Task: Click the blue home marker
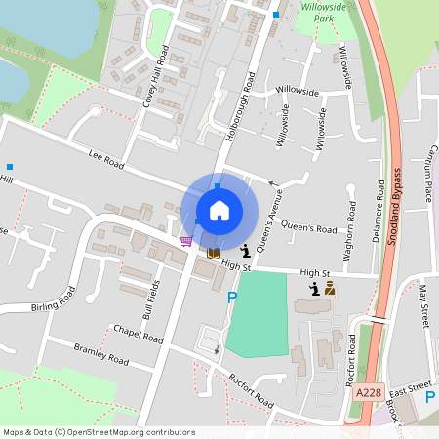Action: pos(219,210)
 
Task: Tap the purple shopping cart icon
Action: pos(185,241)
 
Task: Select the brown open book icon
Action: pos(213,253)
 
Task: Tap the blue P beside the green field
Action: pos(232,299)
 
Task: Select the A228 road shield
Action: pos(368,392)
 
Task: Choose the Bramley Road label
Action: pos(100,352)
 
